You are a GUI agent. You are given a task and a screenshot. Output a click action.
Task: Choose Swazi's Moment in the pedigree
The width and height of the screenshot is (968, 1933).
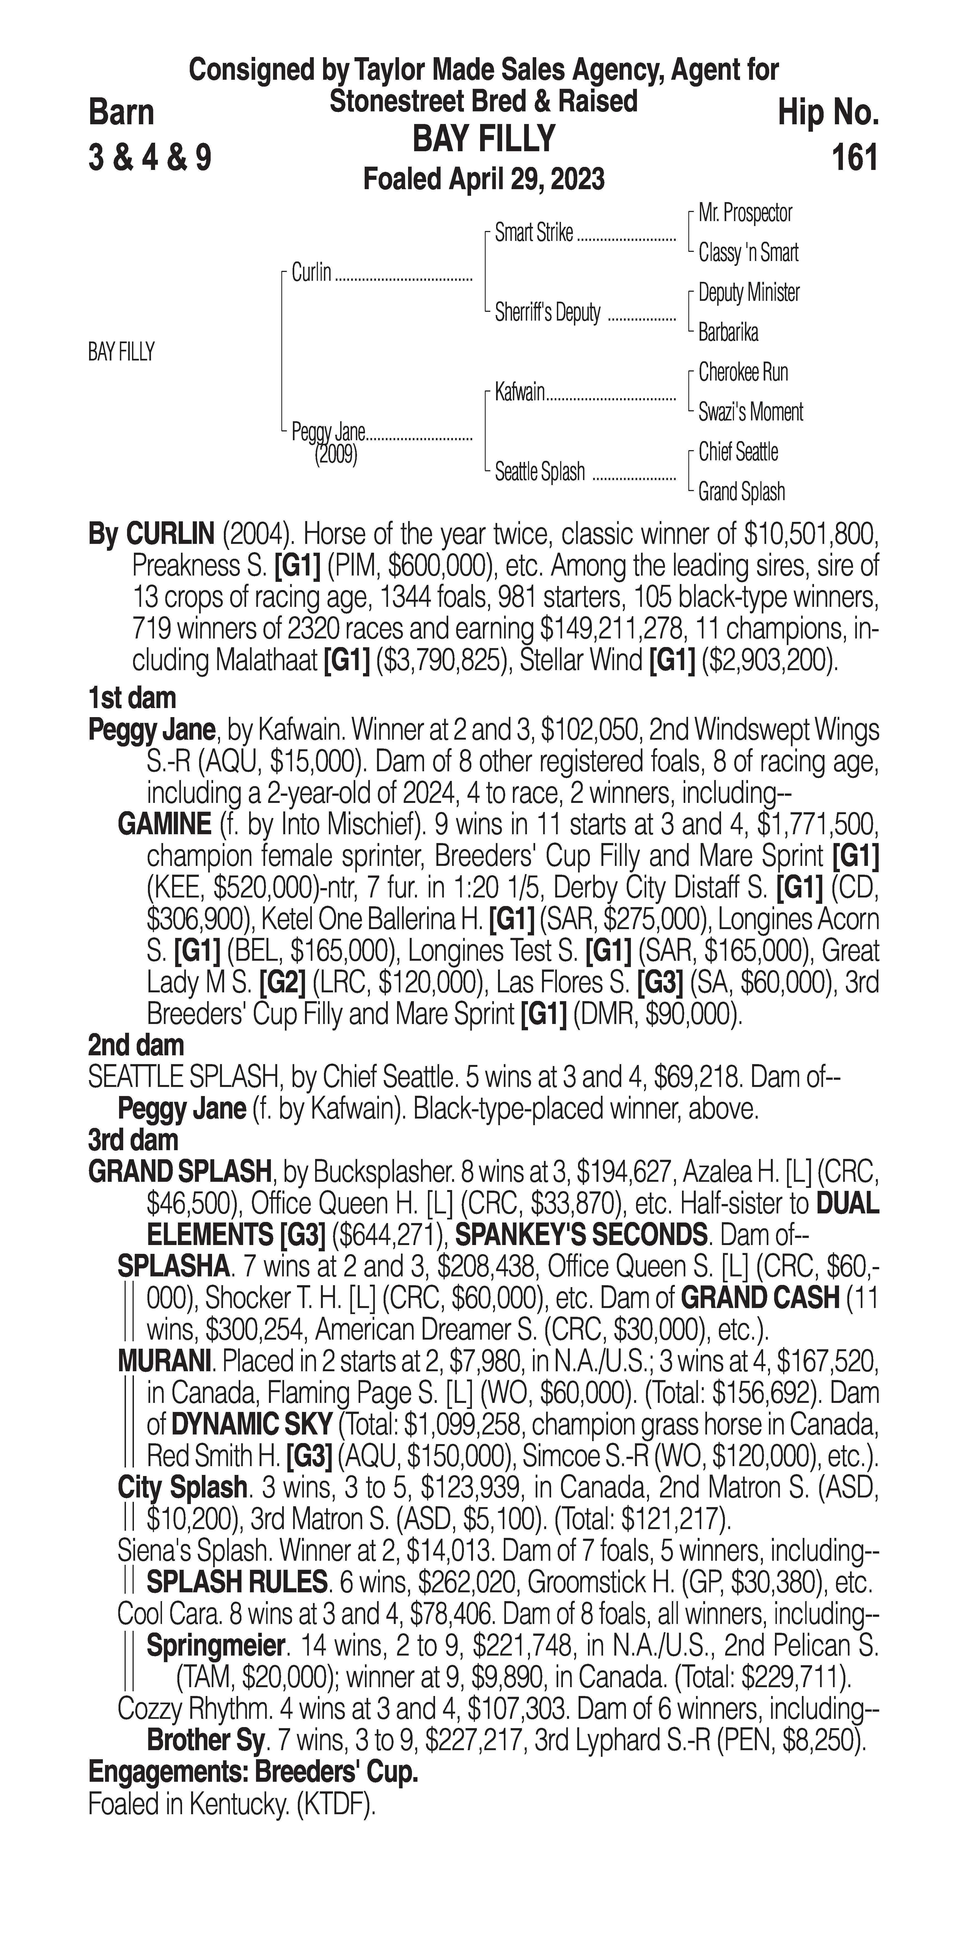pos(750,412)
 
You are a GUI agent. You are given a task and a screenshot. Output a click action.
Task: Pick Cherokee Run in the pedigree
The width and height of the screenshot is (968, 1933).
pos(743,372)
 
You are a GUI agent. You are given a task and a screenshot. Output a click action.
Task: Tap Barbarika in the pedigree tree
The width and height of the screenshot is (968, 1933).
pos(728,332)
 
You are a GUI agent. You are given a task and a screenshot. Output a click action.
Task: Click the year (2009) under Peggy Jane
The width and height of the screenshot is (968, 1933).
pos(335,456)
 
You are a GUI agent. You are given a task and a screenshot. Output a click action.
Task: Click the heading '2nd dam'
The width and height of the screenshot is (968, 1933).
pos(136,1045)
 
